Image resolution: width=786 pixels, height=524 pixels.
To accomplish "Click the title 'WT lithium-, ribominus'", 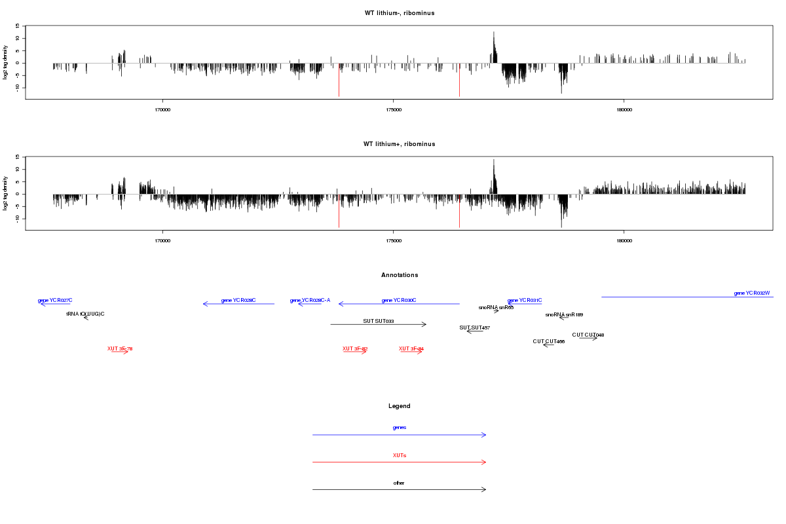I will coord(399,13).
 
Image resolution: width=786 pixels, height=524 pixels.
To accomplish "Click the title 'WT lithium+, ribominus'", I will coord(399,144).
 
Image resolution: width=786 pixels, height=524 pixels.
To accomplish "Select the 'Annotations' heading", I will coord(400,275).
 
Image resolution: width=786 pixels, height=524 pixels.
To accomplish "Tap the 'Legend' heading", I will coord(400,406).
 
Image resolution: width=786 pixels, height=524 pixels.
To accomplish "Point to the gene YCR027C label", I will coord(55,301).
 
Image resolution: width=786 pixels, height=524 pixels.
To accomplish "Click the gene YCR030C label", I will coord(399,301).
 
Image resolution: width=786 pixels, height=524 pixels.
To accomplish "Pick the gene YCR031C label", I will coord(525,301).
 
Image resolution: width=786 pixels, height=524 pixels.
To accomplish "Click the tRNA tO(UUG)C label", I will coord(85,314).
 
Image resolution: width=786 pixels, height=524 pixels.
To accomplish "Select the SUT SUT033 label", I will coord(379,322).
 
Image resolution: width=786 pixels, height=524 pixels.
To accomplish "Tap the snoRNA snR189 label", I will coord(564,315).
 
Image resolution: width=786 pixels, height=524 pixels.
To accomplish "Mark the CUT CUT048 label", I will coord(588,335).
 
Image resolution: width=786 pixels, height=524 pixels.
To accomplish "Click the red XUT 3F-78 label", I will coord(120,349).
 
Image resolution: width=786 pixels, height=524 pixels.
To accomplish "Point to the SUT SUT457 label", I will coord(475,327).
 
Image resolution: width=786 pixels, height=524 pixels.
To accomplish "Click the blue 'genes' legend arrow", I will coord(400,435).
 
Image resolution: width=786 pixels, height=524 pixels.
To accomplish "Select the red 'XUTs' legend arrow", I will coord(400,462).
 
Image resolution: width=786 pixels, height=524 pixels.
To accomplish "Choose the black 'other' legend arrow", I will coord(400,489).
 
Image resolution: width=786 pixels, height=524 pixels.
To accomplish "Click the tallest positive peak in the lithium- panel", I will coord(494,33).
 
